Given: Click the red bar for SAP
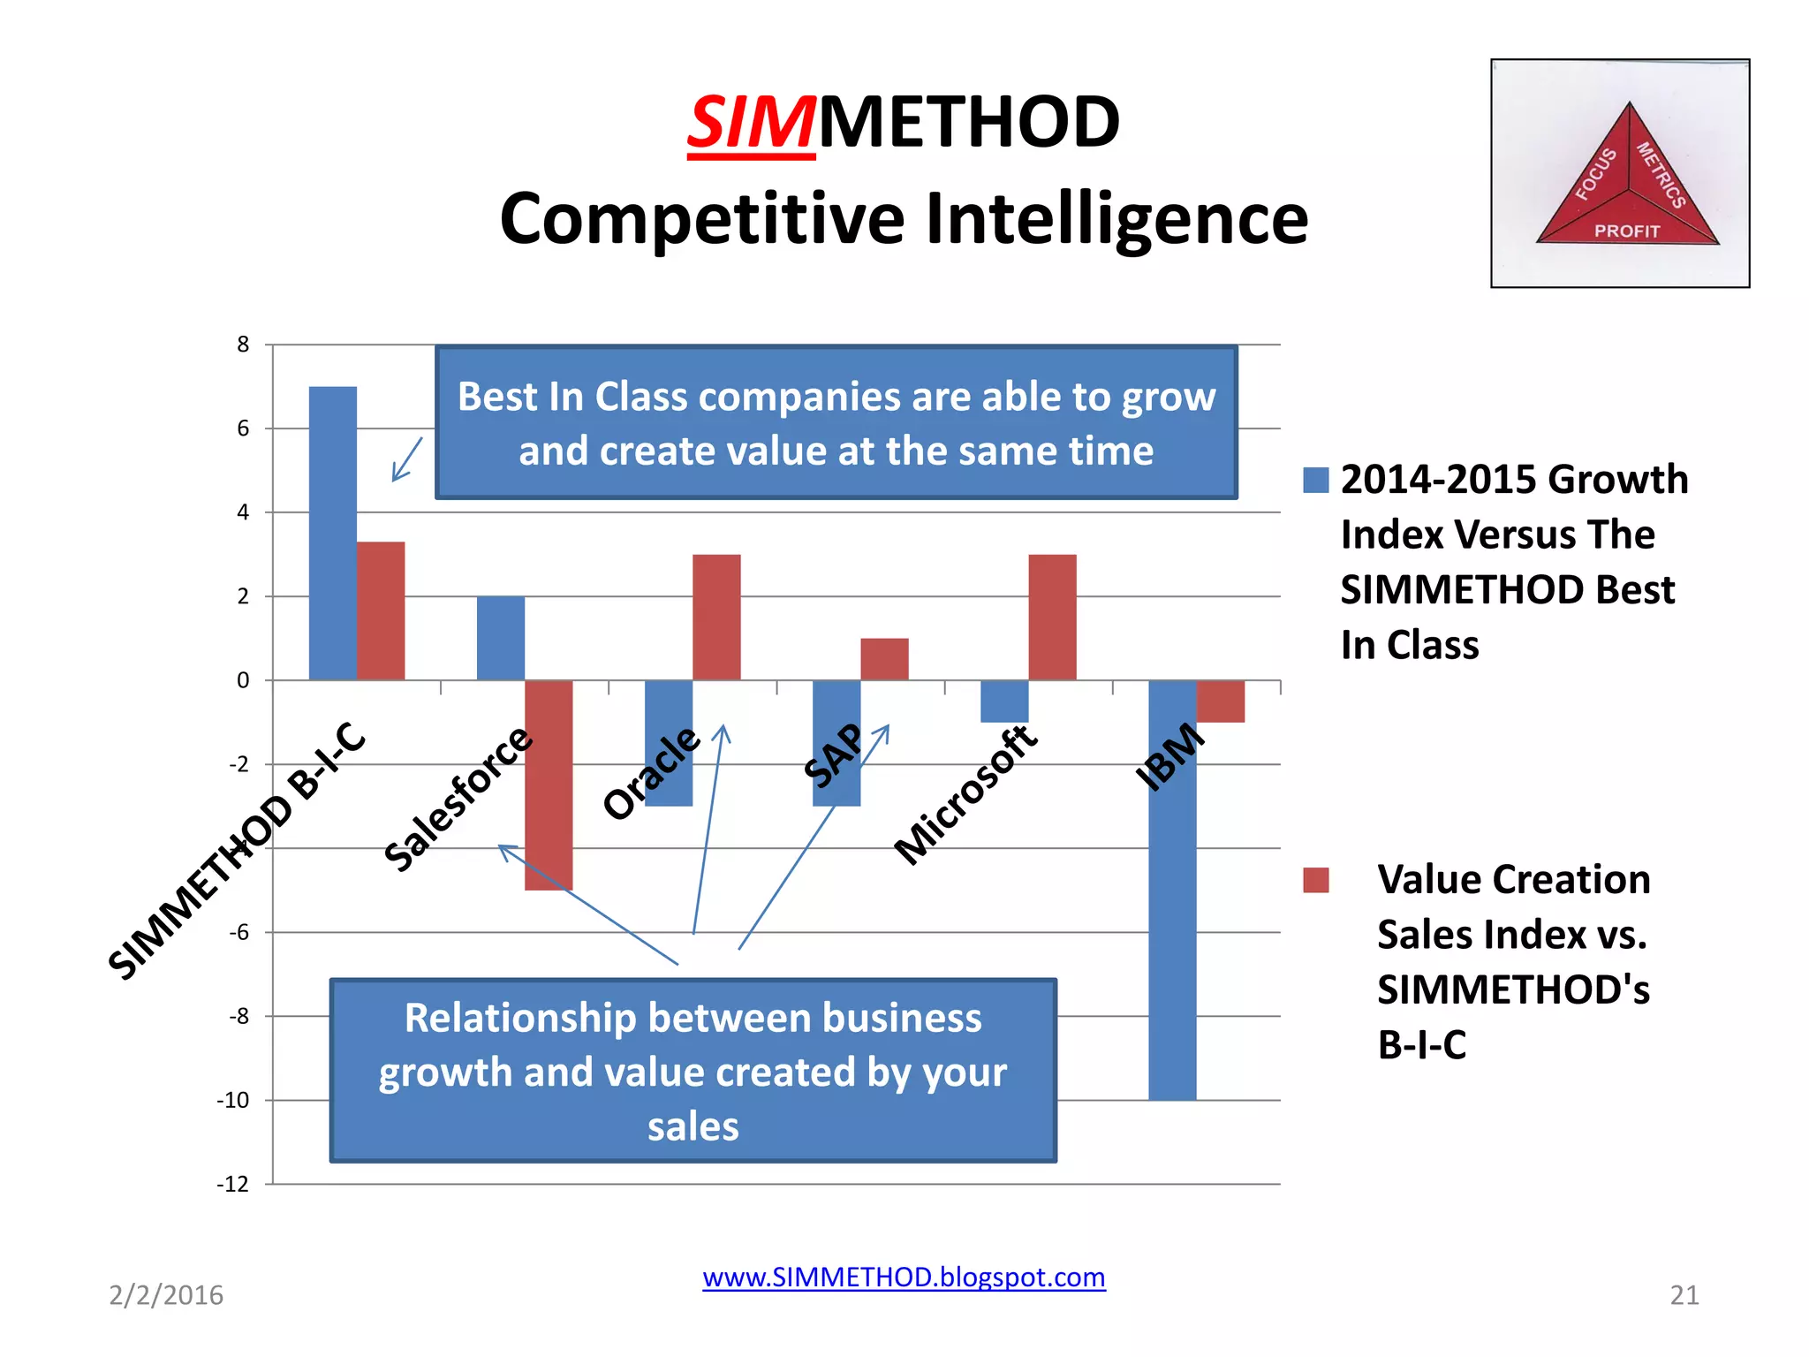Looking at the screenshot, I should pos(884,659).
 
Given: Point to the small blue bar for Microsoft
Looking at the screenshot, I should pos(1004,701).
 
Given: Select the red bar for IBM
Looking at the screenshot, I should pos(1220,701).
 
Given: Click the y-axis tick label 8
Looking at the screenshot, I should pos(243,345).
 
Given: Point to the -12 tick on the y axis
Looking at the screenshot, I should pos(233,1184).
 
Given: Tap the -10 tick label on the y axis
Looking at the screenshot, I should pos(233,1100).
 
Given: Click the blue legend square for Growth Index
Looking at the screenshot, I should pos(1315,480).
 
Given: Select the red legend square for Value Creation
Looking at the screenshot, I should pos(1315,880).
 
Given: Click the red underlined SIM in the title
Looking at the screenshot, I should pos(751,123).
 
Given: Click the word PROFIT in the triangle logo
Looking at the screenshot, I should pos(1626,231).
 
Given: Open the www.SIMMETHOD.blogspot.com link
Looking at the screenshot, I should pos(904,1277).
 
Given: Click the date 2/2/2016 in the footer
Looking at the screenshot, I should pos(166,1295).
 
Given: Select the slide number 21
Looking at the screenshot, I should pos(1684,1295).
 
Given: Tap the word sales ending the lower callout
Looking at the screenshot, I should pos(693,1127).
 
